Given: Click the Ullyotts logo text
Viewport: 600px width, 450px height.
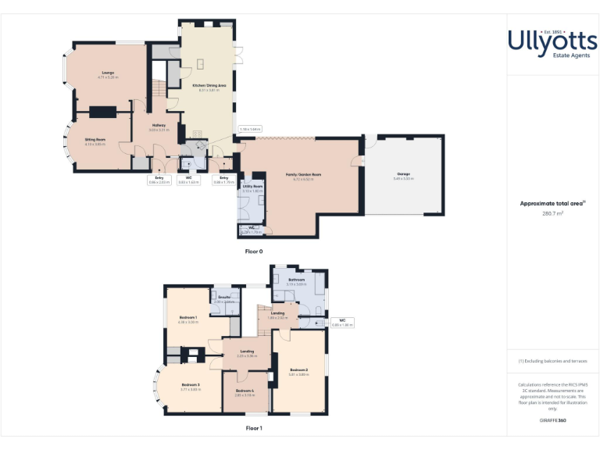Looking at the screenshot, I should [552, 39].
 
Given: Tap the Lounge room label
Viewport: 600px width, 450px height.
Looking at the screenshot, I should [107, 73].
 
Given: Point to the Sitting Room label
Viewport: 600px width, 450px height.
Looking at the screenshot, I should [95, 138].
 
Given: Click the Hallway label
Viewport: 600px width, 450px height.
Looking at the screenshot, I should [159, 125].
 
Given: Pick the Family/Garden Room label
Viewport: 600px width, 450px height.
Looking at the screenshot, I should [303, 174].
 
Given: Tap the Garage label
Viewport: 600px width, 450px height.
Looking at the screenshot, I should [403, 173].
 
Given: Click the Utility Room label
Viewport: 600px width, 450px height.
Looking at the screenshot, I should [252, 187].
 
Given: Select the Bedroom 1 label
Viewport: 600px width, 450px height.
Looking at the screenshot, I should [187, 317].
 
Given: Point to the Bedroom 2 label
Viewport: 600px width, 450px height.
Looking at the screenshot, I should [298, 369].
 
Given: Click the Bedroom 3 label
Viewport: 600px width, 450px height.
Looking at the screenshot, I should [191, 384].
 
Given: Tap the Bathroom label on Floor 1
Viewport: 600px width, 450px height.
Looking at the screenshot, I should [296, 279].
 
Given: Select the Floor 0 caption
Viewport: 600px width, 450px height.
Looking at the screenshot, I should [254, 252].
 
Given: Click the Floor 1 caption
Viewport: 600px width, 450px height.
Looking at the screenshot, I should [254, 428].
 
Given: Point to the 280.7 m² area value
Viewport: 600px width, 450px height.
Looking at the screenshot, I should [552, 212].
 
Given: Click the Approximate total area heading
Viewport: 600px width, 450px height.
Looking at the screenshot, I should [552, 203].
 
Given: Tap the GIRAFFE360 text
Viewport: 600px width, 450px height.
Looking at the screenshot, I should [552, 420].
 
